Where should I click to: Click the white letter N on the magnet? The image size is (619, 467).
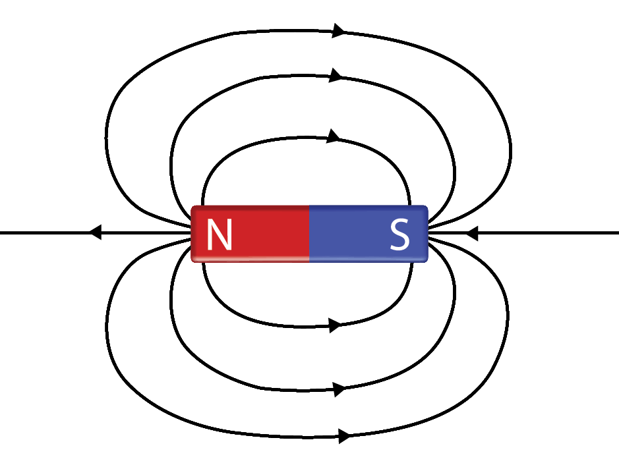point(219,234)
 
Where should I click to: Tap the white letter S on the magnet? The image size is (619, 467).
point(399,234)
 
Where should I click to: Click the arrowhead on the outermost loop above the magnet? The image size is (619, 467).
point(339,30)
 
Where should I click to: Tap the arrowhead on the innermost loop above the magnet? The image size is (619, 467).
point(334,137)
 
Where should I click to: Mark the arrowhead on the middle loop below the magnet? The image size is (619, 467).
point(339,389)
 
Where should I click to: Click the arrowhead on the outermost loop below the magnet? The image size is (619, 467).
point(343,435)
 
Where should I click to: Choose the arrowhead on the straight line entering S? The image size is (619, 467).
point(471,233)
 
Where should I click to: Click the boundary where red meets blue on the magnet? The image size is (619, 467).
point(310,234)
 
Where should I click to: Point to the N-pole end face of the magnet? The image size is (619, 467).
point(192,234)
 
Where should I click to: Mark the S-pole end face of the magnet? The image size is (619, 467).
point(427,234)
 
